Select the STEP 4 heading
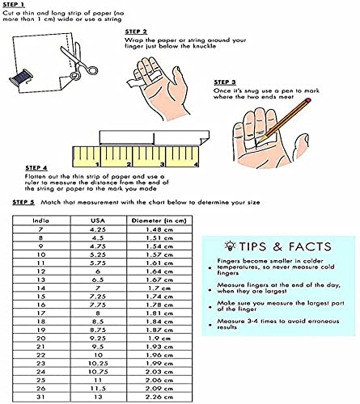25,168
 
